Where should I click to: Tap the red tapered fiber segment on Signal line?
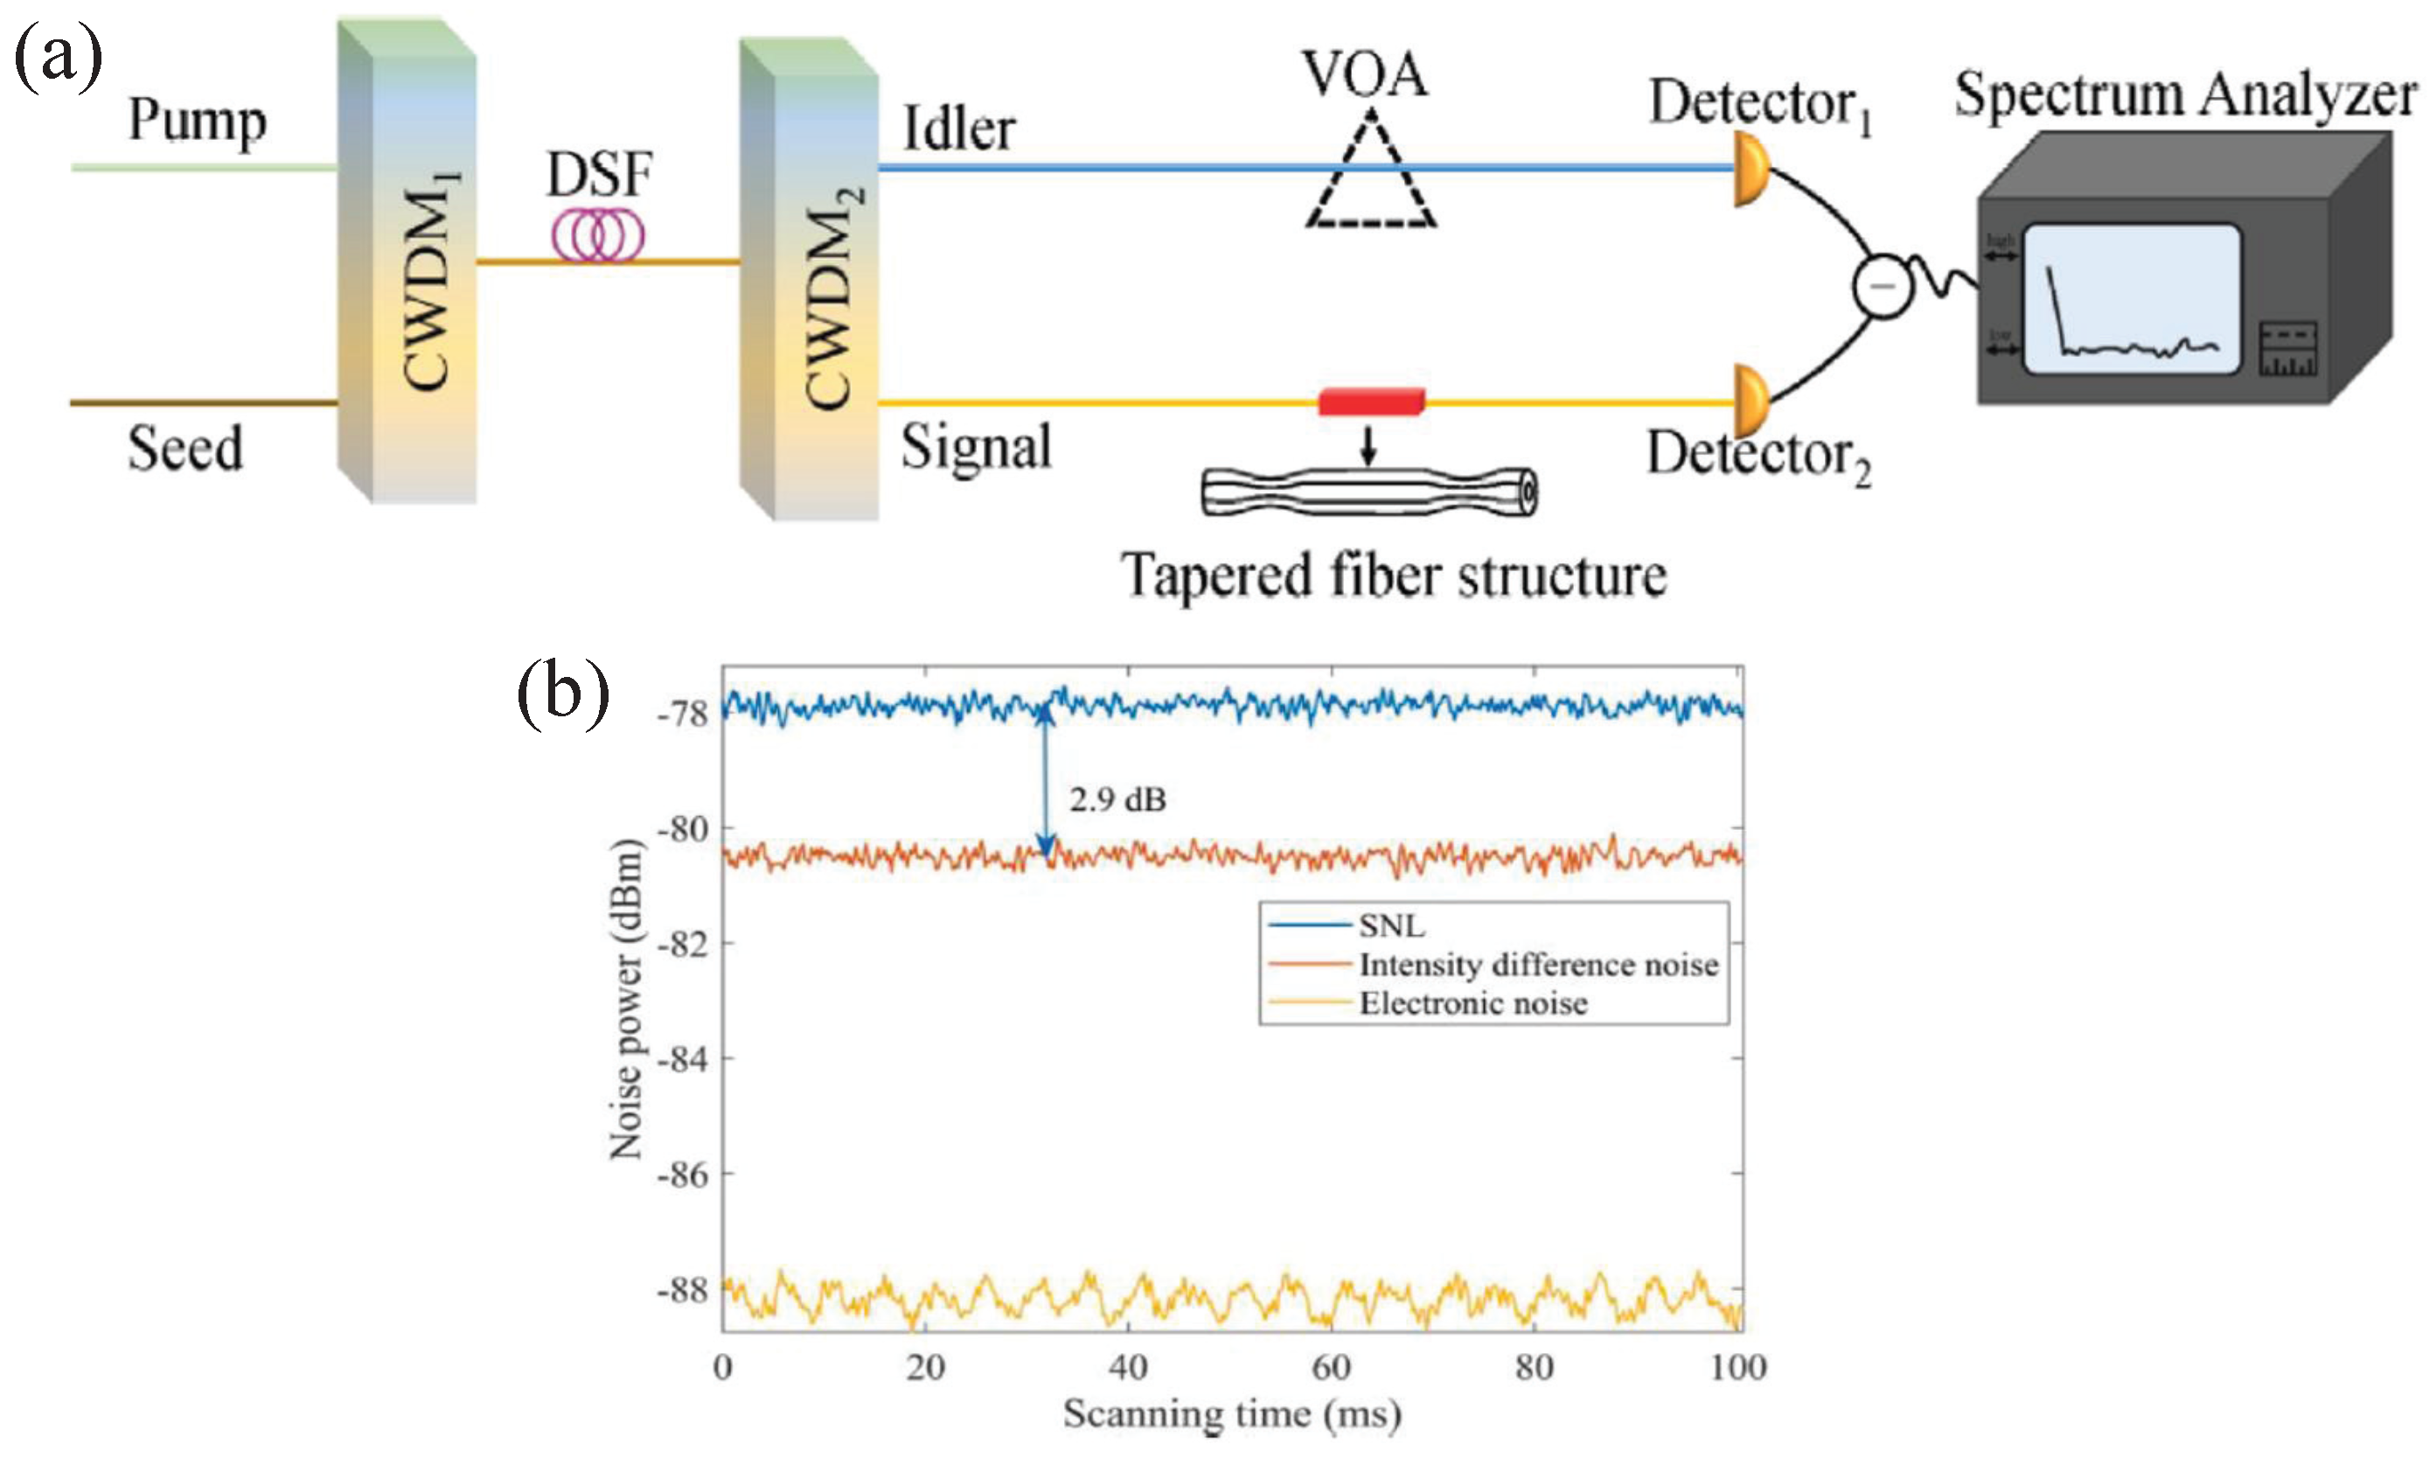(1370, 401)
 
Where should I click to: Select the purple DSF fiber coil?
(597, 236)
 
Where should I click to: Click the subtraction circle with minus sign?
(1882, 286)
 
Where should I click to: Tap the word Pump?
(197, 121)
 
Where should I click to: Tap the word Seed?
(184, 449)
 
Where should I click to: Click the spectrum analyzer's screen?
(2132, 298)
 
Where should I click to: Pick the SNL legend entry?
(1391, 925)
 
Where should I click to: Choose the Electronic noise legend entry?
(1472, 1003)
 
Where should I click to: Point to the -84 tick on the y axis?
(683, 1060)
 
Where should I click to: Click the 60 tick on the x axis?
(1331, 1367)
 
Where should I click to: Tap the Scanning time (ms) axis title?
(1232, 1413)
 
